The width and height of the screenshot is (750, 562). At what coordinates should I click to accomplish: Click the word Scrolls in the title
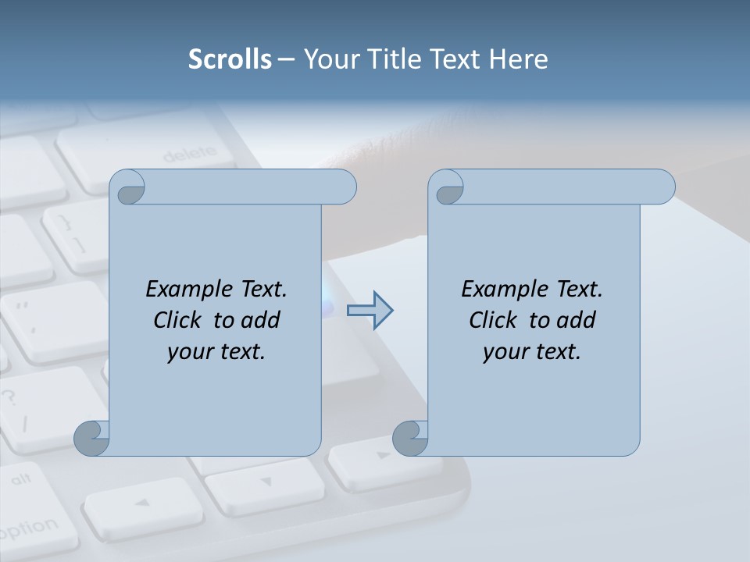230,59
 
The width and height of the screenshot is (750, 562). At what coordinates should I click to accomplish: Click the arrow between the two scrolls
370,311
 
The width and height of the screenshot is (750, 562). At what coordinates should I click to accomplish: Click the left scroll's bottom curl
92,438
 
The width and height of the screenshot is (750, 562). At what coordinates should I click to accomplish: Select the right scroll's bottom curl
411,438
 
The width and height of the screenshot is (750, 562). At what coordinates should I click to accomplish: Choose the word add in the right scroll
577,320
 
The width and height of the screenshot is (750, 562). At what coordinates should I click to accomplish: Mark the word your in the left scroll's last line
190,352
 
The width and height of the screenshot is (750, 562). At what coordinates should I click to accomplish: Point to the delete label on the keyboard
189,154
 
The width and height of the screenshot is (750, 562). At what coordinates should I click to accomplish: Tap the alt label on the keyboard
21,478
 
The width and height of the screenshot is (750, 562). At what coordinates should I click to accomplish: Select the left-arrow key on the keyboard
141,504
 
